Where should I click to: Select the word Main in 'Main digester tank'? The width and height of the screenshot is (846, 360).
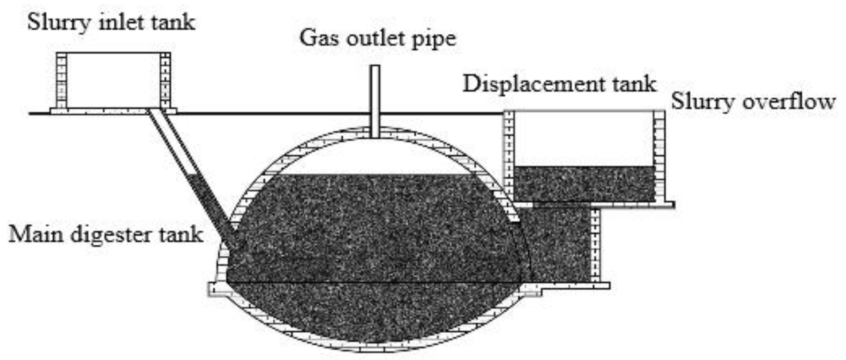coord(36,234)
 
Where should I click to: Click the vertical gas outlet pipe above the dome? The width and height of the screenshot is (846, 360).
coord(375,99)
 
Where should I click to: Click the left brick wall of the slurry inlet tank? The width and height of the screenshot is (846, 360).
coord(61,81)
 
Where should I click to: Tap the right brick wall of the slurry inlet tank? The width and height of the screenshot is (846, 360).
coord(165,81)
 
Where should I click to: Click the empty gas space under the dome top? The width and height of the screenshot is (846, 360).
coord(375,156)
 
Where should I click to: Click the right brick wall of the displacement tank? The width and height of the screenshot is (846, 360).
coord(660,156)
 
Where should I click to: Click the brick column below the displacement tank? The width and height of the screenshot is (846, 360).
coord(595,245)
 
